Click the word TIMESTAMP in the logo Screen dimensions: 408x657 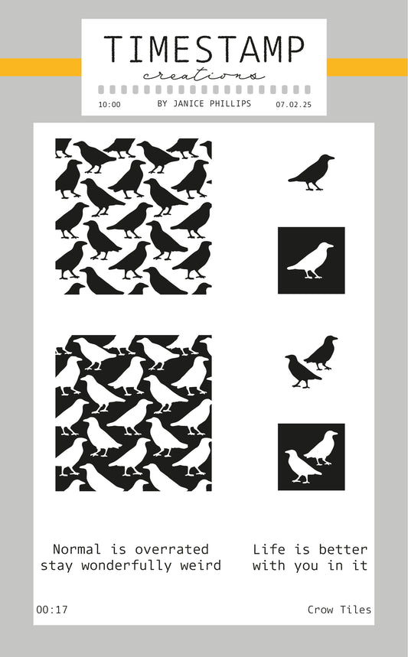[x=204, y=49]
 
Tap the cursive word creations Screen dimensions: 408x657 [x=204, y=76]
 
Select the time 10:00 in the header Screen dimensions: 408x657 [x=109, y=105]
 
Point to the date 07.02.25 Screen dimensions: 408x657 [x=293, y=105]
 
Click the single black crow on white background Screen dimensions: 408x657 [x=311, y=173]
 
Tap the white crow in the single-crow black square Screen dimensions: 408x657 [x=310, y=261]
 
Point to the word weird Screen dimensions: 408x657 [x=201, y=565]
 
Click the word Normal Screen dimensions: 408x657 [x=77, y=549]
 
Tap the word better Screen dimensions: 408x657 [x=343, y=549]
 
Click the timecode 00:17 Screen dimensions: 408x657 [x=52, y=610]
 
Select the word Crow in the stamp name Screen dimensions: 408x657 [x=321, y=610]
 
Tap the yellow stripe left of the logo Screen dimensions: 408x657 [x=41, y=67]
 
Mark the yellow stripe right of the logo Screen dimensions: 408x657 [x=367, y=67]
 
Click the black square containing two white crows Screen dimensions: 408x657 [x=311, y=457]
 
